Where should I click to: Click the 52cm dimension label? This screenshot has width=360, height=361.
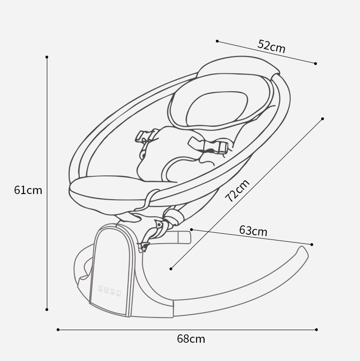coord(271,46)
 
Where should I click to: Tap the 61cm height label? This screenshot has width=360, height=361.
coord(28,190)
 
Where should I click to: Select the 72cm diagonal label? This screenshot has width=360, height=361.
coord(237,190)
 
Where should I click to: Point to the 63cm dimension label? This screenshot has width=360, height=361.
coord(253,231)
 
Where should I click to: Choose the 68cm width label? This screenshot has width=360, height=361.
coord(191,339)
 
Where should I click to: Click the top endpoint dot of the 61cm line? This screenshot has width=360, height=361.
coord(47,57)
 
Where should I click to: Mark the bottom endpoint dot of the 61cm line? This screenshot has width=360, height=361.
coord(47,310)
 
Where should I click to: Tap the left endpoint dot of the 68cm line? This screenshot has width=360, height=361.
coord(58,330)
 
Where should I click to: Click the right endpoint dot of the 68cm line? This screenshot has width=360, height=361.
coord(316,330)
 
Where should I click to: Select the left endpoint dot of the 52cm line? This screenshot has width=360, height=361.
coord(217,41)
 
